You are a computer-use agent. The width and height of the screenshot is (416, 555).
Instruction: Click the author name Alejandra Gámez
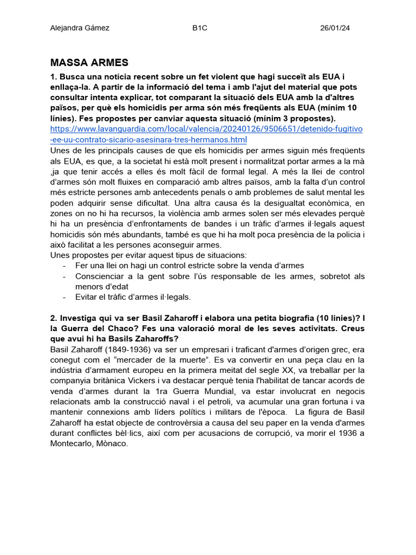(80, 28)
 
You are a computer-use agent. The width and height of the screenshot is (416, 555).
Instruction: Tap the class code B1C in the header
(200, 28)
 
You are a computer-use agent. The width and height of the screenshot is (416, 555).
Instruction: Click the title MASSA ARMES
(89, 62)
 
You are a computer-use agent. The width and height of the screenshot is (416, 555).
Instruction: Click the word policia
(345, 234)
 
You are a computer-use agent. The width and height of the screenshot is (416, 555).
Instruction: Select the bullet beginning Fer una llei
(190, 266)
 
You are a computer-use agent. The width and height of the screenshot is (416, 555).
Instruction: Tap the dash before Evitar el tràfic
(64, 297)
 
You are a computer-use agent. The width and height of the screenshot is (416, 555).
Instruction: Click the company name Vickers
(157, 381)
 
